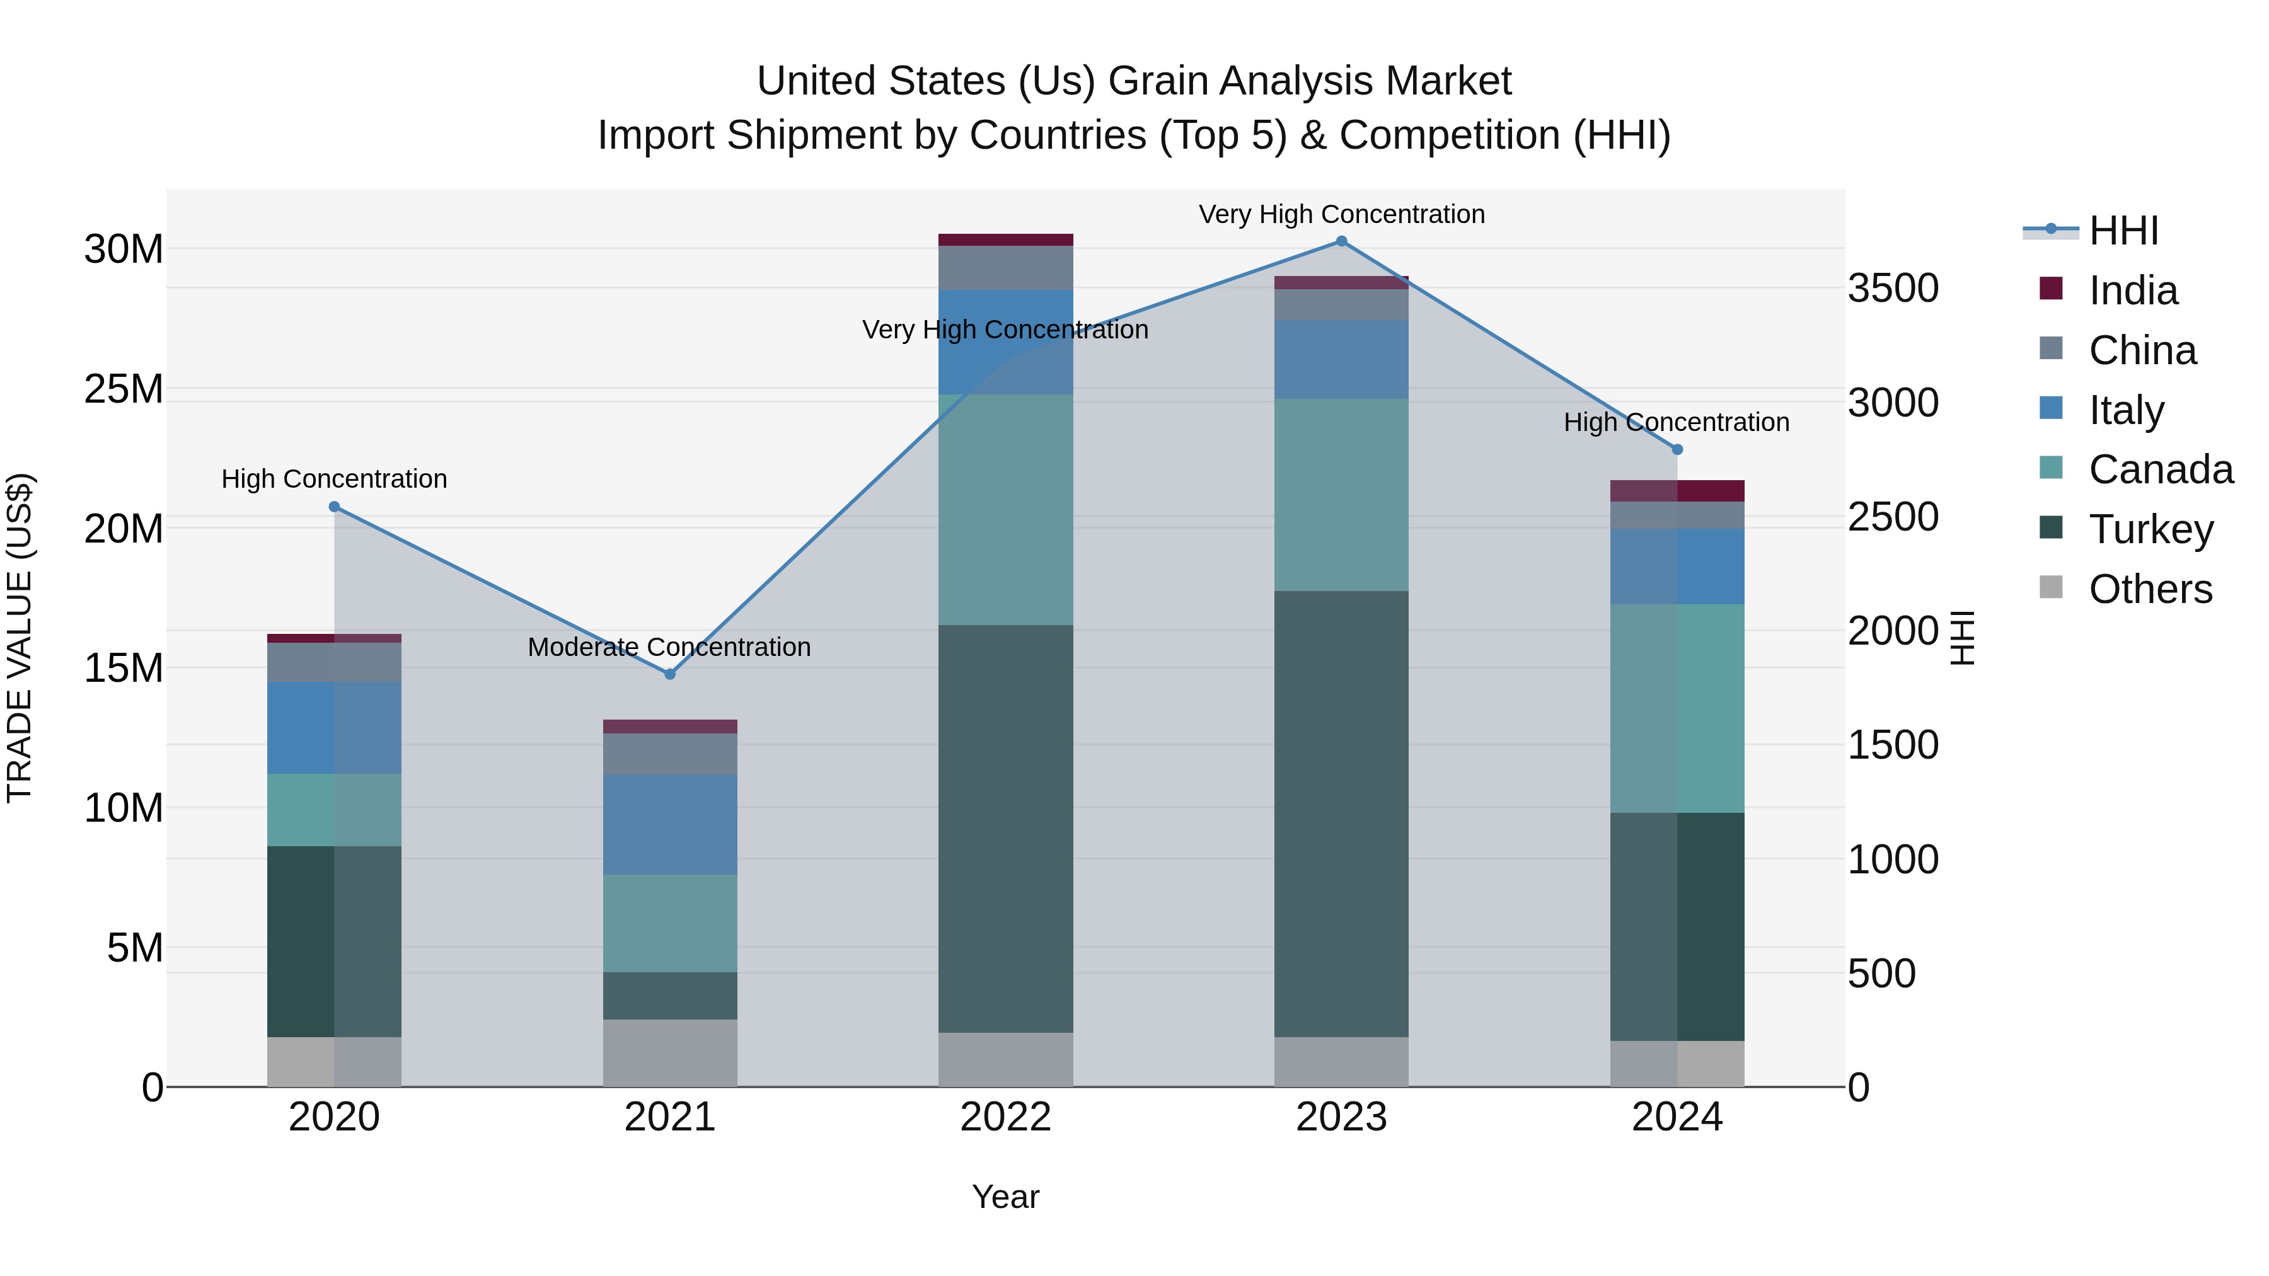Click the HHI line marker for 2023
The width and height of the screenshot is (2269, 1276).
pyautogui.click(x=1341, y=241)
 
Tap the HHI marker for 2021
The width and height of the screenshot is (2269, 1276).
pyautogui.click(x=669, y=674)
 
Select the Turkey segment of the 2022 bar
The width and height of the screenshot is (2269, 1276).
pyautogui.click(x=1005, y=828)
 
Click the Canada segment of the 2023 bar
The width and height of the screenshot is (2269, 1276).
pyautogui.click(x=1341, y=494)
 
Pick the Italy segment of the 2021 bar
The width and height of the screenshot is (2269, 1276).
pyautogui.click(x=669, y=824)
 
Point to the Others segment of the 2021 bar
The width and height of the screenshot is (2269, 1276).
pyautogui.click(x=669, y=1053)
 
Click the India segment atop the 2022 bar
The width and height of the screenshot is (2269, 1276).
pyautogui.click(x=1005, y=239)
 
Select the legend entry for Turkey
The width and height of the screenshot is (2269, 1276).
pyautogui.click(x=2150, y=529)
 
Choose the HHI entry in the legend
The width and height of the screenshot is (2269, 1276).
pyautogui.click(x=2123, y=231)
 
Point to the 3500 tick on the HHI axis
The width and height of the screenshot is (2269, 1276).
pyautogui.click(x=1893, y=289)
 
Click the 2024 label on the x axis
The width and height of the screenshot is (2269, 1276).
pyautogui.click(x=1677, y=1117)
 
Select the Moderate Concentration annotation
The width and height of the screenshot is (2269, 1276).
pyautogui.click(x=669, y=647)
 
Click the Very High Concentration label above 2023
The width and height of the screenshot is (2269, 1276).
pyautogui.click(x=1341, y=215)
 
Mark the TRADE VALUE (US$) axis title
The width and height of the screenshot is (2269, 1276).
pyautogui.click(x=20, y=638)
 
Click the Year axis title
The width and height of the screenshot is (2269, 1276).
pyautogui.click(x=1005, y=1197)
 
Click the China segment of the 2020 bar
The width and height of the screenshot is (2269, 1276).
pyautogui.click(x=334, y=662)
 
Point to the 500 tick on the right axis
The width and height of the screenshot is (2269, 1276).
pyautogui.click(x=1881, y=974)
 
